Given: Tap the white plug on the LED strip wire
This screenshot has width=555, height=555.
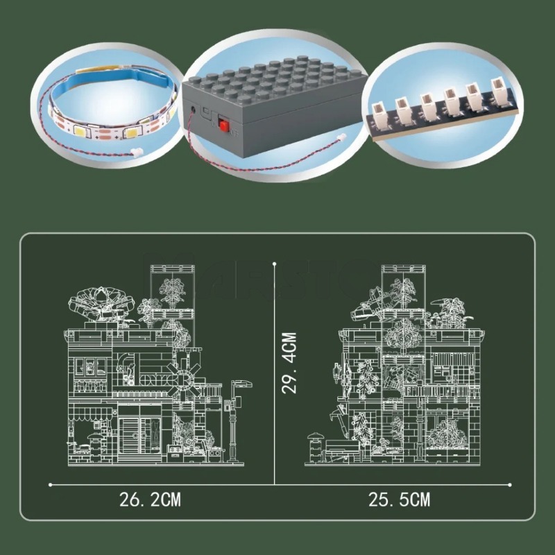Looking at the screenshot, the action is [135, 153].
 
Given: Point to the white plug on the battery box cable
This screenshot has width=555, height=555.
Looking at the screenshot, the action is [341, 136].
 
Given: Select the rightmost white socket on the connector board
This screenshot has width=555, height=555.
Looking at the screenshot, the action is [498, 91].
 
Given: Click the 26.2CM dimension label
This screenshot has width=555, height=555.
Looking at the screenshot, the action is [150, 499].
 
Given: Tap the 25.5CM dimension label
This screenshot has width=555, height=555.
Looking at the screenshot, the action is [400, 499].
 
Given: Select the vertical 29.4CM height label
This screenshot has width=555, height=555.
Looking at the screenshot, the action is [289, 363].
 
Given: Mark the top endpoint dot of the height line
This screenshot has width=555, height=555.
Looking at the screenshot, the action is [275, 264].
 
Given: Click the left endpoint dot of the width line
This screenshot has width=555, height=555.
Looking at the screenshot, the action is [50, 484].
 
